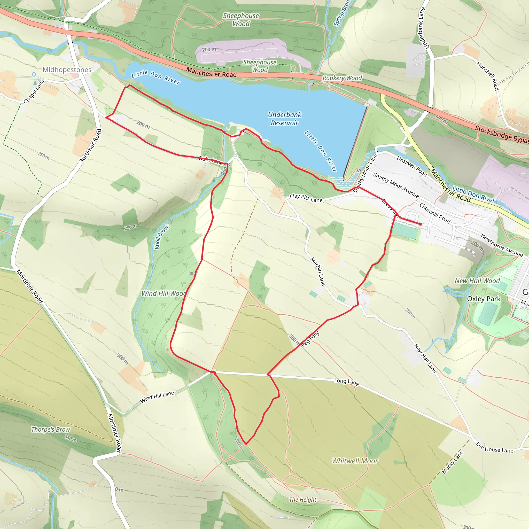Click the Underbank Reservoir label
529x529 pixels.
click(284, 119)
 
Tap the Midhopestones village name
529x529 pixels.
click(67, 69)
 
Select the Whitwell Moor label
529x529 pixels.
click(355, 461)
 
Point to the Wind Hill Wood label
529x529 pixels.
click(164, 293)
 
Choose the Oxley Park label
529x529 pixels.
click(484, 299)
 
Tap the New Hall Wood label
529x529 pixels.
click(477, 281)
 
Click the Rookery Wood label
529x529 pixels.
click(342, 78)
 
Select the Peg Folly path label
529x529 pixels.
click(310, 339)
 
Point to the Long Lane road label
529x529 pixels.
click(346, 382)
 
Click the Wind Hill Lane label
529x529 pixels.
click(157, 397)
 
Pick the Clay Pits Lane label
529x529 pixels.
click(306, 198)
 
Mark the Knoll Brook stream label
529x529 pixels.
click(162, 237)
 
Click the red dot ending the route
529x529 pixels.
click(421, 224)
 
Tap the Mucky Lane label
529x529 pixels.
click(452, 462)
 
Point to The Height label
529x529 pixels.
click(302, 500)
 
